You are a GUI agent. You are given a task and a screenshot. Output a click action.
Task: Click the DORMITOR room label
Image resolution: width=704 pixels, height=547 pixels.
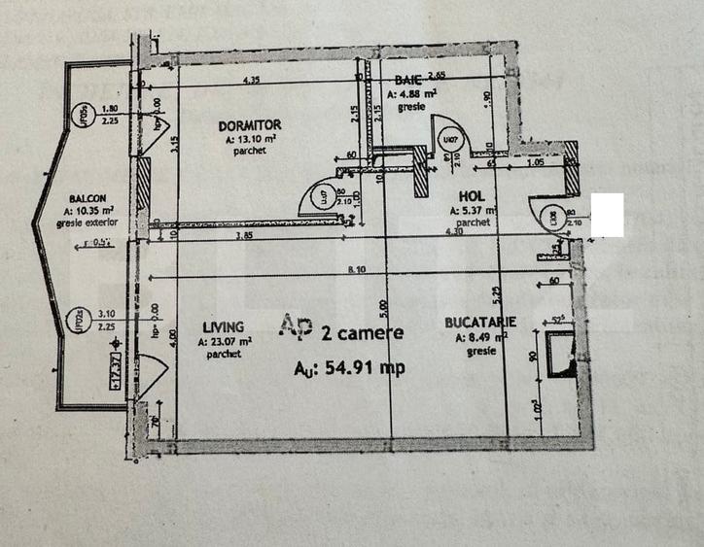250,125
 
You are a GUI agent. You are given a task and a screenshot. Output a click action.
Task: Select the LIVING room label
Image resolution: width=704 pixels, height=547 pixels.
224,327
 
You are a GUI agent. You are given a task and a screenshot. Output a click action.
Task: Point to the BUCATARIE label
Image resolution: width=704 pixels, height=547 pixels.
479,322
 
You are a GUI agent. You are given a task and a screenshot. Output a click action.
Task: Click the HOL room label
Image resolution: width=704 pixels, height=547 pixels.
472,195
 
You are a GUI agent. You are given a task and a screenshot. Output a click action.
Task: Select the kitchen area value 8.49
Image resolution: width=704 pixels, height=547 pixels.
476,336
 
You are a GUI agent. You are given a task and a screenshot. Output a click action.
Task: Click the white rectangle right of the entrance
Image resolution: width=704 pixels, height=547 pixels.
607,215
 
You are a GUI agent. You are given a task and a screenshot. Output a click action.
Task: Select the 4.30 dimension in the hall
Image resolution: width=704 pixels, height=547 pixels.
455,232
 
